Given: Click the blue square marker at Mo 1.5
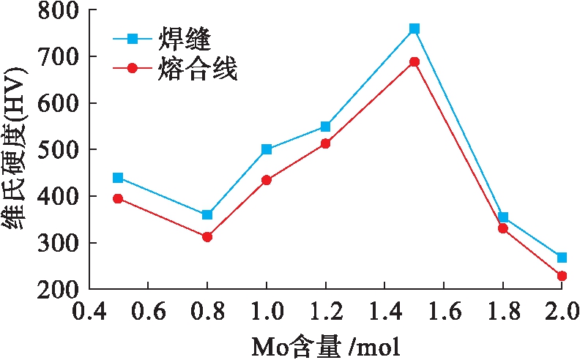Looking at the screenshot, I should [414, 29].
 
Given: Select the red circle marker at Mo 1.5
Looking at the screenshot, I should [414, 61].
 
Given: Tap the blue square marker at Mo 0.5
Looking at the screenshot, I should [118, 178].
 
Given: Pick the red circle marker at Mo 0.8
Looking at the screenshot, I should [207, 237].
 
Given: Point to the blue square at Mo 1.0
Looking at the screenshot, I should [266, 149].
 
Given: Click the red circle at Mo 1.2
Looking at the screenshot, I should [325, 143].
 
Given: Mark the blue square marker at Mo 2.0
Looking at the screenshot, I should [562, 258].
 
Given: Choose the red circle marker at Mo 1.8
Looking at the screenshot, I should [503, 228].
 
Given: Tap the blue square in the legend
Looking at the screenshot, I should [133, 37].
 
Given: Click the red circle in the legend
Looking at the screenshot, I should [133, 68].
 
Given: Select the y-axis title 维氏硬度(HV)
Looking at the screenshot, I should [16, 150].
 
